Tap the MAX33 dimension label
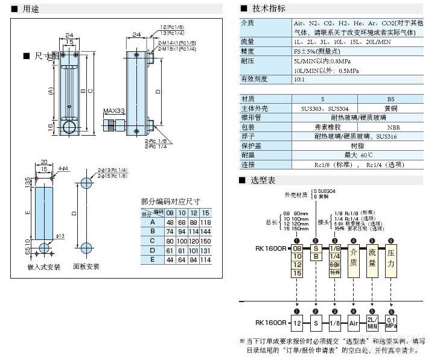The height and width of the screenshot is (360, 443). [x=113, y=111]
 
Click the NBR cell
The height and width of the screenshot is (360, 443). [x=393, y=127]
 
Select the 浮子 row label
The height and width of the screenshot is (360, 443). [x=248, y=136]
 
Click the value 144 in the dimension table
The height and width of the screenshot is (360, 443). [x=206, y=231]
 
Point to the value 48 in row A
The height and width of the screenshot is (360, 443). [x=170, y=222]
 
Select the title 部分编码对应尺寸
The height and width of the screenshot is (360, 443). [x=171, y=201]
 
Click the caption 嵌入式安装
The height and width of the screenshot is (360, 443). [x=44, y=267]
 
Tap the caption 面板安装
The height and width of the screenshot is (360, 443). [x=86, y=267]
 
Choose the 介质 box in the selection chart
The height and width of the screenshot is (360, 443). [x=354, y=259]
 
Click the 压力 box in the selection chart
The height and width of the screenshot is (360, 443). [x=390, y=259]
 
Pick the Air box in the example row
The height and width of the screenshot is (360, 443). [x=354, y=323]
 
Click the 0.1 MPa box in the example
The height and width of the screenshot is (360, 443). [x=390, y=323]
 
